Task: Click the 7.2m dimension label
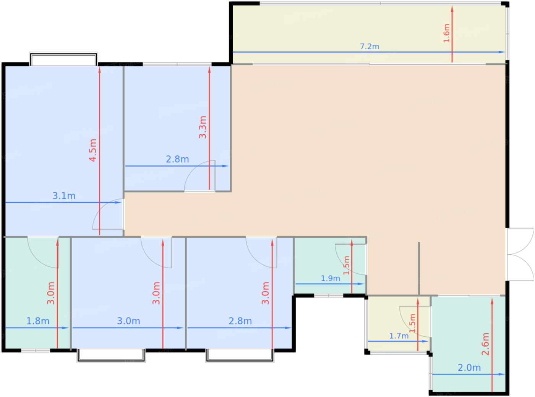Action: (x=369, y=46)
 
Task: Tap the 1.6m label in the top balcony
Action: (x=446, y=33)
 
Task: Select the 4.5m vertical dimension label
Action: (x=93, y=150)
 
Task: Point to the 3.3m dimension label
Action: (x=203, y=127)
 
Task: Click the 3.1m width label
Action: (x=64, y=196)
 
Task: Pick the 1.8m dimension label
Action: (x=37, y=321)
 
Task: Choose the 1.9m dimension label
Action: (x=330, y=278)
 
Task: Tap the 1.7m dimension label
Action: (x=399, y=336)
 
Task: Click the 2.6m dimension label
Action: (x=485, y=344)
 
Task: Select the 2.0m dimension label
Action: (x=469, y=368)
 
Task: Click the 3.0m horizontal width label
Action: (x=128, y=321)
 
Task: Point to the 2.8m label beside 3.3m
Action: (x=177, y=159)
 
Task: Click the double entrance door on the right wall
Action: (x=520, y=254)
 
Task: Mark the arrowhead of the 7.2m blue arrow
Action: (x=502, y=52)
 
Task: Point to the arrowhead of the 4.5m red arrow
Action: (x=100, y=70)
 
